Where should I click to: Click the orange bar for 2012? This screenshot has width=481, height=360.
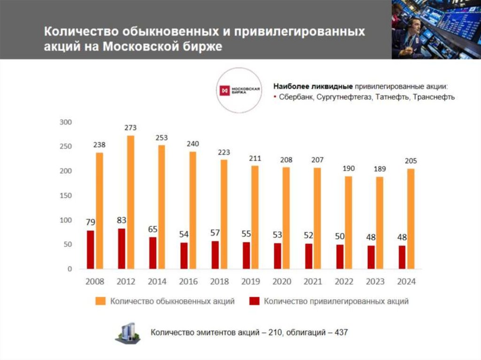(x=131, y=202)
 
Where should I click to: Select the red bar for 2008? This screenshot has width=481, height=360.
(x=91, y=250)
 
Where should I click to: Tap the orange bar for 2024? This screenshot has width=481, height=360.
(x=411, y=219)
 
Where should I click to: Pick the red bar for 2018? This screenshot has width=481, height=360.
(x=215, y=255)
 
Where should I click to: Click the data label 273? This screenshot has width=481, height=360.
(x=130, y=128)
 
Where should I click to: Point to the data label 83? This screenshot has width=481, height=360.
(x=121, y=220)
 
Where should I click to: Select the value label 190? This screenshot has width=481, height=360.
(x=349, y=168)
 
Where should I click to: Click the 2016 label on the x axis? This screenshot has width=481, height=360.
(x=188, y=282)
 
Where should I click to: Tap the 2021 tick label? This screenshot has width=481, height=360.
(x=312, y=282)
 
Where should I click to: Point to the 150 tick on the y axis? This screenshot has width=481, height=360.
(x=65, y=196)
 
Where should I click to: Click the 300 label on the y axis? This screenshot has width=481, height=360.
(x=65, y=122)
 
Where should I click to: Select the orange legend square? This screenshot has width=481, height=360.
(x=100, y=301)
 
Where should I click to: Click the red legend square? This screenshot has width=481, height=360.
(x=255, y=301)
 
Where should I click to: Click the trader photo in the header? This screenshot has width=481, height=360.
(x=436, y=29)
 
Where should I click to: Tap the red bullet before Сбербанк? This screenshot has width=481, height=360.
(x=274, y=97)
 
